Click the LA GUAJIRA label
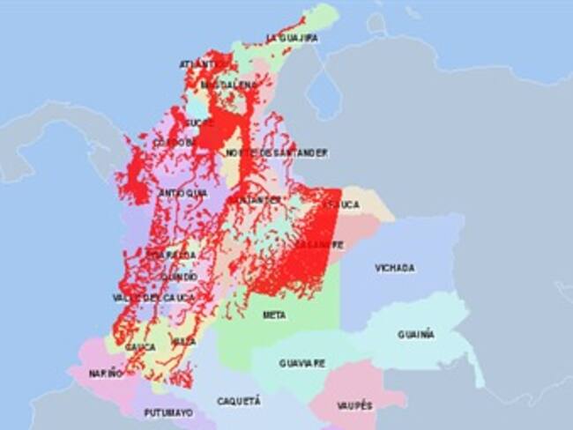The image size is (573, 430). (292, 39)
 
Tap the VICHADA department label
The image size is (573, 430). (394, 268)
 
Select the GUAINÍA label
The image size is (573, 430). (415, 335)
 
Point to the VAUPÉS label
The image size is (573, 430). (353, 405)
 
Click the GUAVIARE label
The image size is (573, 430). (302, 363)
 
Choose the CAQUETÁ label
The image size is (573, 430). (239, 401)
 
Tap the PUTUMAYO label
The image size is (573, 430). (168, 411)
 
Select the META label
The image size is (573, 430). (273, 315)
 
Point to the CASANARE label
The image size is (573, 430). (319, 245)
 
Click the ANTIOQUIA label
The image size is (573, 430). (183, 193)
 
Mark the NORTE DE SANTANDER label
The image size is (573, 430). (277, 153)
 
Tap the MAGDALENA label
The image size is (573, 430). (228, 85)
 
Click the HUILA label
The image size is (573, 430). (184, 340)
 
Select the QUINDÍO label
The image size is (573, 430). (179, 277)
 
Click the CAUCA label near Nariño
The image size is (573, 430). (140, 347)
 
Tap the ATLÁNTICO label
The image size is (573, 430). (198, 64)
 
